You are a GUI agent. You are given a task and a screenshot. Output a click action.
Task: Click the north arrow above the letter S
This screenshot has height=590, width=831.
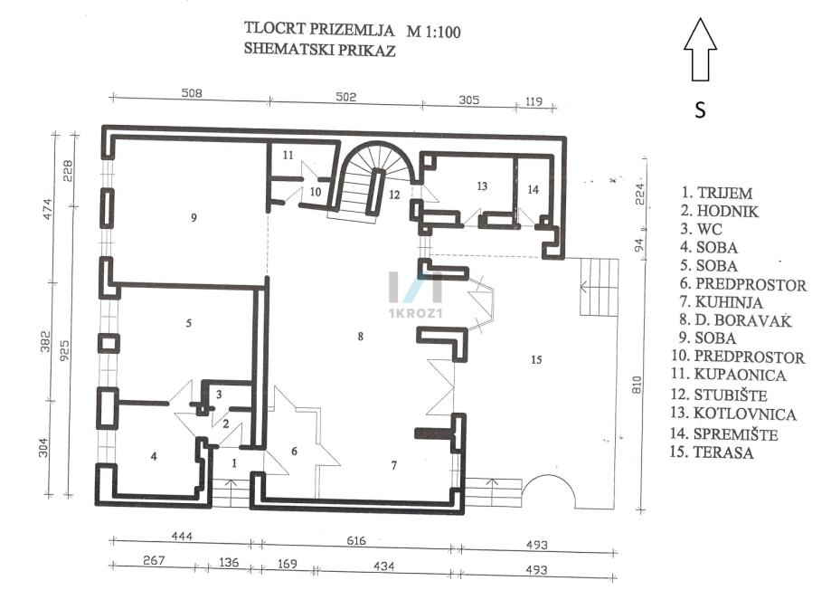(x=700, y=52)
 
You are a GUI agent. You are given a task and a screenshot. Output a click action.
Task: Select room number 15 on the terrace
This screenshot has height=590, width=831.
(x=535, y=360)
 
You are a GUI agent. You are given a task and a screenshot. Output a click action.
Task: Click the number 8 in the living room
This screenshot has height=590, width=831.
(x=360, y=337)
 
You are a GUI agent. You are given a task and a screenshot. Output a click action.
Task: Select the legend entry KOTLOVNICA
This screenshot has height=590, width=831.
(x=745, y=414)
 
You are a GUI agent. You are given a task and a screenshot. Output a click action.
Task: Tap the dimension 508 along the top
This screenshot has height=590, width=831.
(x=191, y=94)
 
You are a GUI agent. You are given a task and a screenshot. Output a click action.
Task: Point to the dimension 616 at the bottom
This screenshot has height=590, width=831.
(x=356, y=541)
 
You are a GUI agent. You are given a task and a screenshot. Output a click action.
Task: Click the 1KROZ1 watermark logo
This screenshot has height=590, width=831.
(x=415, y=293)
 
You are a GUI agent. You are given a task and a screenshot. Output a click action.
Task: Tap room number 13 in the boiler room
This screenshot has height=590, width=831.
(x=482, y=186)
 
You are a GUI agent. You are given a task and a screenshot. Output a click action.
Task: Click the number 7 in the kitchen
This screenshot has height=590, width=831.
(x=393, y=466)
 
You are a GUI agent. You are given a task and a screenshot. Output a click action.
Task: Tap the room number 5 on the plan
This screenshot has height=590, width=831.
(x=188, y=323)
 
